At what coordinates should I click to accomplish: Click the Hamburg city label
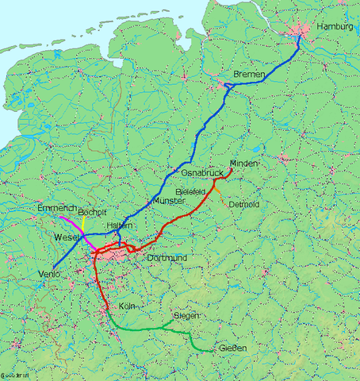coord(334,27)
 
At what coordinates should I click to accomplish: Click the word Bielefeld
coord(193,192)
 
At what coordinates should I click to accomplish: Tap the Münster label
coord(167,202)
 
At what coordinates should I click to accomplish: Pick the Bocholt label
coord(92,213)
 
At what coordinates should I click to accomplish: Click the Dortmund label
coord(167,259)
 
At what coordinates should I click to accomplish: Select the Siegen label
coord(185,316)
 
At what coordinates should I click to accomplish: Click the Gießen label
coord(233,349)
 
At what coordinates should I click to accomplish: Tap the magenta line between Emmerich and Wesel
coord(73,224)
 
